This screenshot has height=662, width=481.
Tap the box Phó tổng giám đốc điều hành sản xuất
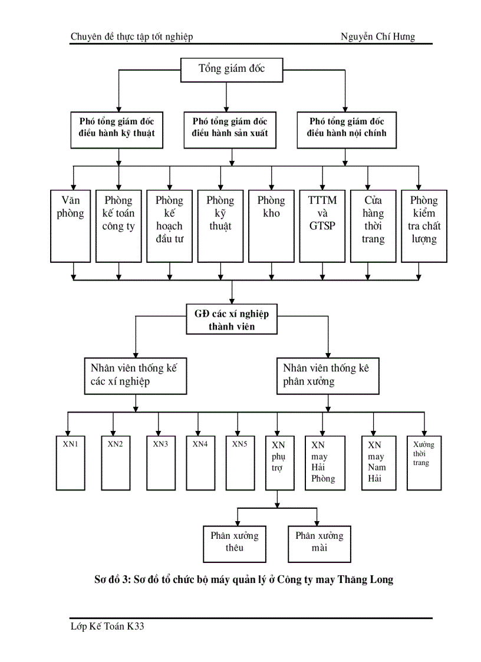pos(230,127)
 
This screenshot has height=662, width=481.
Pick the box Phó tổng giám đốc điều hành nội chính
pos(347,127)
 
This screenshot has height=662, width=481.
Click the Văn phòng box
pos(71,226)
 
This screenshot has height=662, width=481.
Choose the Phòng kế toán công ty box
pos(118,226)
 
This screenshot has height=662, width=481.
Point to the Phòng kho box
pos(271,226)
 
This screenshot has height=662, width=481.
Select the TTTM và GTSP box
pos(322,226)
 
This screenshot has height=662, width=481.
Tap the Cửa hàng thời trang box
pos(373,226)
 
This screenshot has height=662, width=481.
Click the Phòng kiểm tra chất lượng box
pos(423,226)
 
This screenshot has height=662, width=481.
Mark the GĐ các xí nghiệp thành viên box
pos(232,319)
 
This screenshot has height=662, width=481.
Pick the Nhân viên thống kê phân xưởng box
pos(328,375)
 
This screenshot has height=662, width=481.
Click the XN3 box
pos(160,463)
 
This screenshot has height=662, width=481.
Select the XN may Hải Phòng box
pos(323,463)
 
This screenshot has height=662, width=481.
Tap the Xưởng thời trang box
pos(424,463)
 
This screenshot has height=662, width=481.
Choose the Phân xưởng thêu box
pos(234,543)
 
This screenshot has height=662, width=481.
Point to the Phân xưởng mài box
pos(319,543)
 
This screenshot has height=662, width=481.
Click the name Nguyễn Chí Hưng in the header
pos(378,37)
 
